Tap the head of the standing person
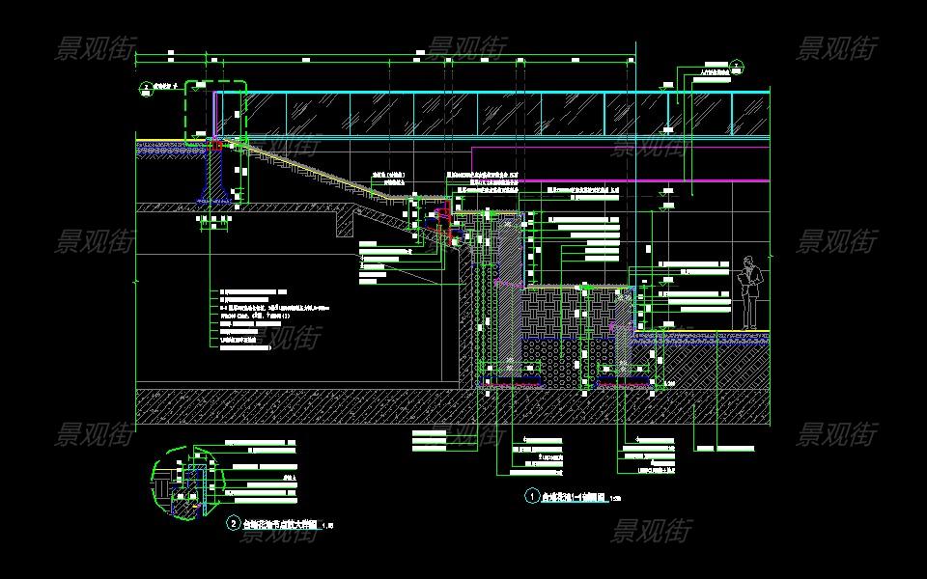click(749, 262)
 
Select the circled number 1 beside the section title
click(531, 497)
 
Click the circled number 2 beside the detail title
click(233, 524)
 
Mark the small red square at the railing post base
click(218, 145)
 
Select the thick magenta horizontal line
click(695, 180)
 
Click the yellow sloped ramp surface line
click(319, 168)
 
